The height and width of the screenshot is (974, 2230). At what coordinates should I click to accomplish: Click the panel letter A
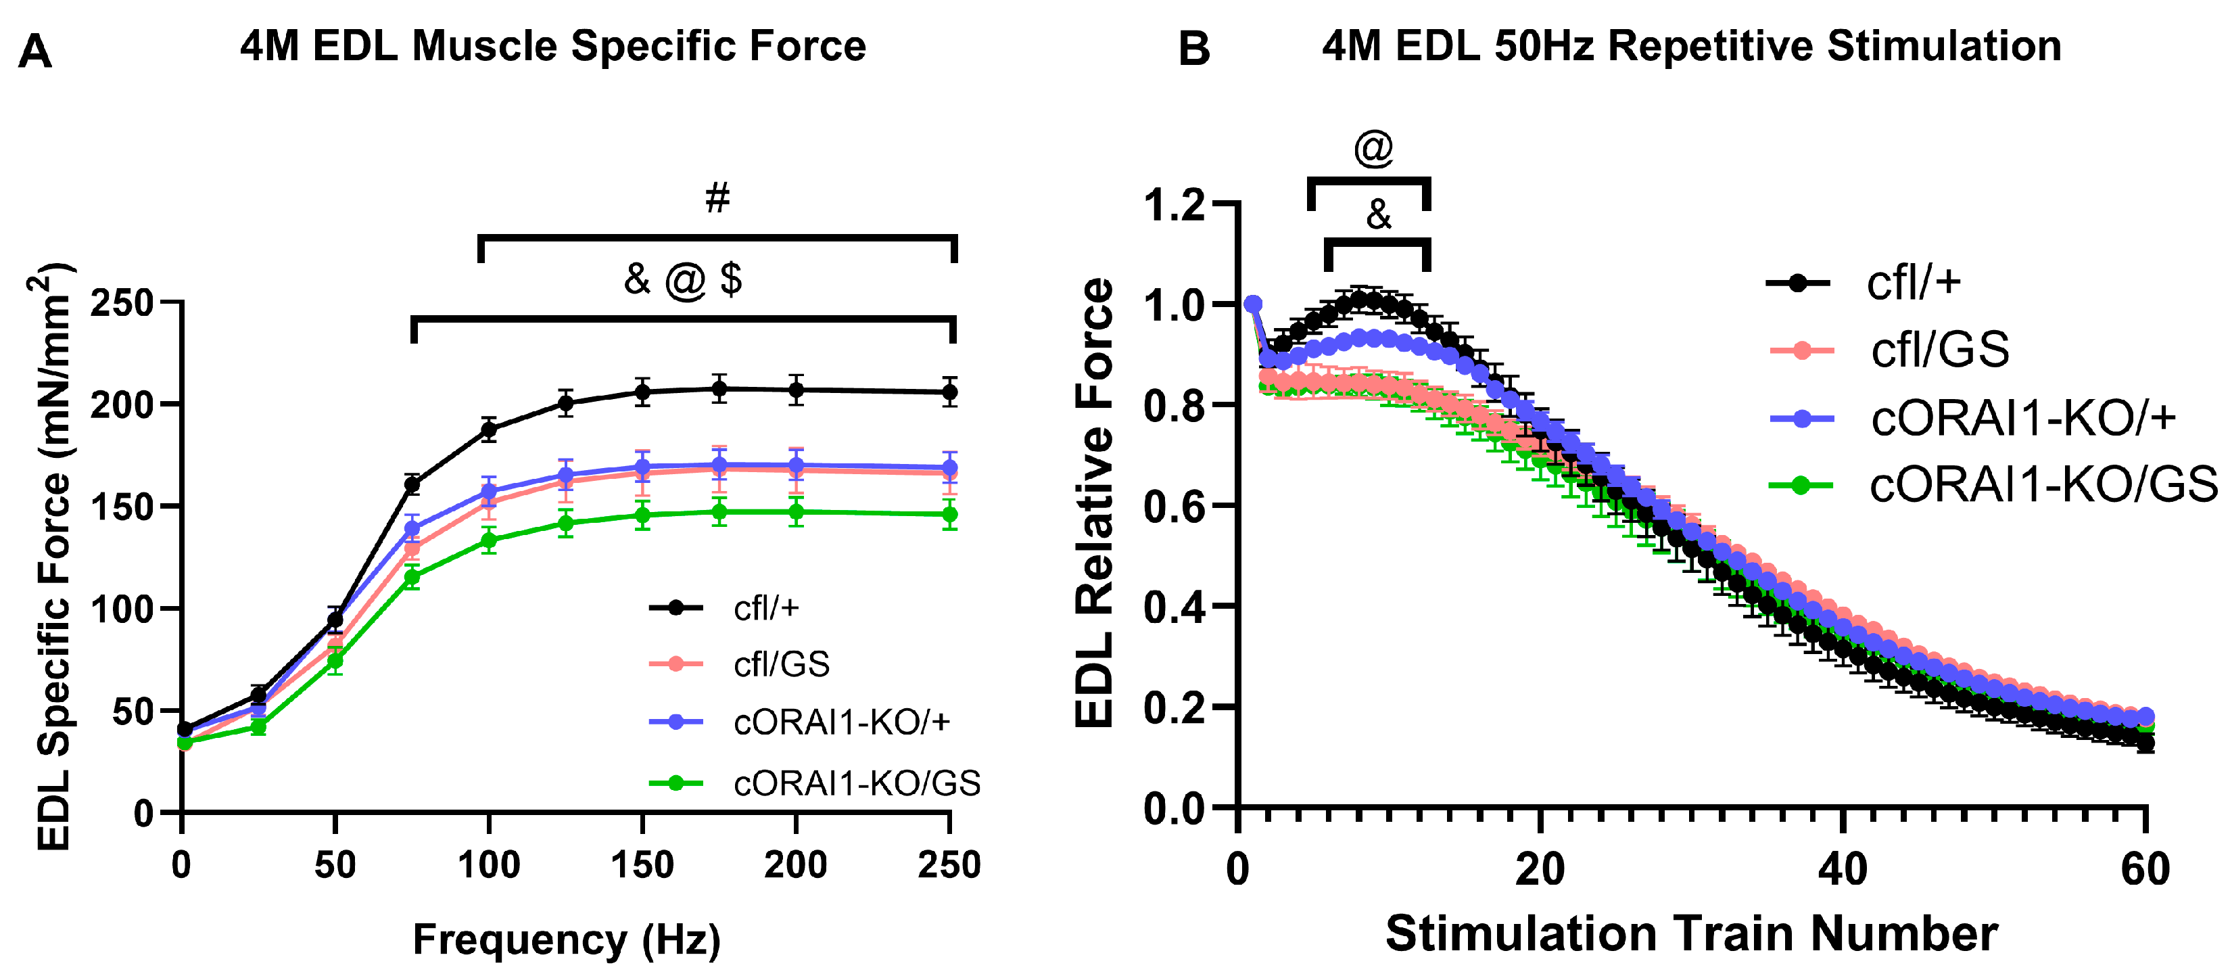tap(34, 52)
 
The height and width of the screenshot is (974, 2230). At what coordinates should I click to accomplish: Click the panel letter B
tap(1194, 49)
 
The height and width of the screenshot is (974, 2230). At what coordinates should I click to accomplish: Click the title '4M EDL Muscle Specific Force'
tap(553, 46)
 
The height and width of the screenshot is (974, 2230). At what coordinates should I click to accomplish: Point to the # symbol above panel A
tap(717, 198)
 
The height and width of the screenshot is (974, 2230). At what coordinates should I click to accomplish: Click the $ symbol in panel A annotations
tap(732, 279)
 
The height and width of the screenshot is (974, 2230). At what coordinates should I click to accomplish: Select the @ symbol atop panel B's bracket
tap(1373, 148)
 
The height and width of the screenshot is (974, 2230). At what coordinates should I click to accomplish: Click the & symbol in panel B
tap(1378, 214)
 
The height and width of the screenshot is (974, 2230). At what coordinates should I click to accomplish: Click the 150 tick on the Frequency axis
tap(642, 865)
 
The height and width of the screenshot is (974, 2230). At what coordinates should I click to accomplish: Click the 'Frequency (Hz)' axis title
tap(566, 940)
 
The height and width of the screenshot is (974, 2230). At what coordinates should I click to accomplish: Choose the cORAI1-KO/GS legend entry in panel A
tap(856, 783)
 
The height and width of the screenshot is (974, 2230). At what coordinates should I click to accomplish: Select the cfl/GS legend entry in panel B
tap(1939, 350)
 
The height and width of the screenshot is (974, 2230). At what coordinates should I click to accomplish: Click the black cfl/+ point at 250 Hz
tap(949, 392)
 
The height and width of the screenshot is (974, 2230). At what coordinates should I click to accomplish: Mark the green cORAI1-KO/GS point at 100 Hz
tap(488, 540)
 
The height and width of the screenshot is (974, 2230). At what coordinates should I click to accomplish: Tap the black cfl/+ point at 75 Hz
tap(412, 485)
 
